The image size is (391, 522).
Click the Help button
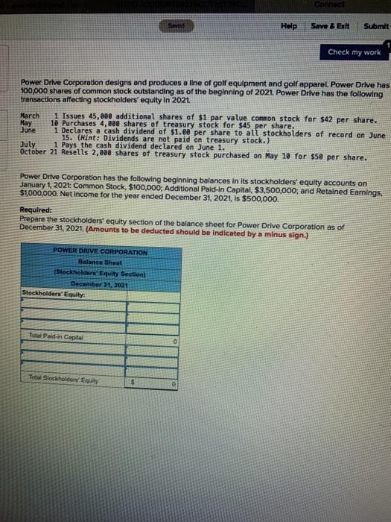click(x=289, y=26)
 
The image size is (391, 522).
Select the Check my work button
click(x=354, y=52)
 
